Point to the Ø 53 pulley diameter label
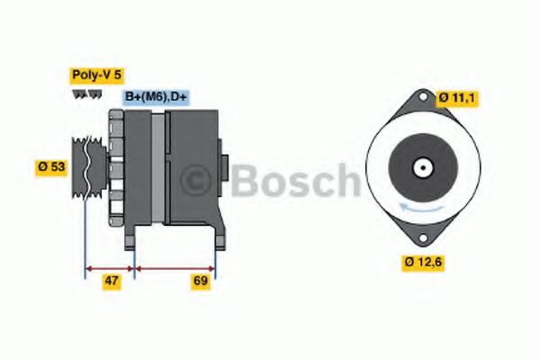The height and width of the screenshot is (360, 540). (x=53, y=166)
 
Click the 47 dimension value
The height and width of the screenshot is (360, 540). (x=111, y=282)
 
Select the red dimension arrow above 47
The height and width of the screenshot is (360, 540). (x=109, y=267)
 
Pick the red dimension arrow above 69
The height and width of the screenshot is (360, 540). (x=175, y=267)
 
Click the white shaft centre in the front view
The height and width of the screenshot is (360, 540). (x=420, y=167)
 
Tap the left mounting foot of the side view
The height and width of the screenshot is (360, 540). (x=130, y=236)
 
